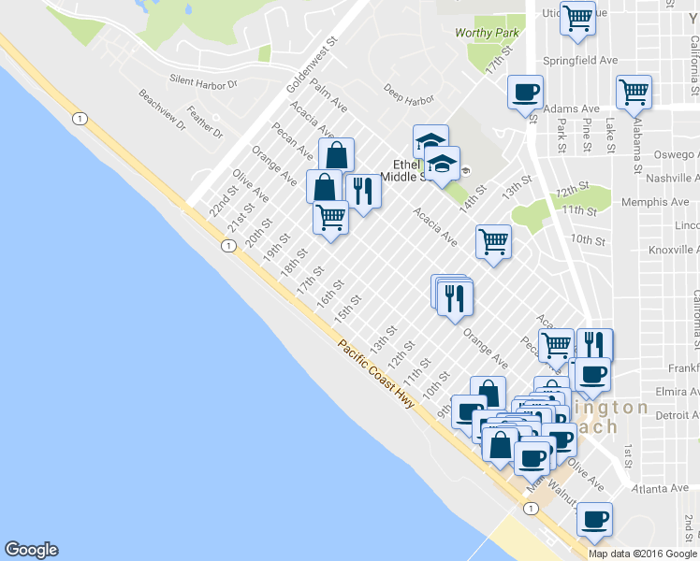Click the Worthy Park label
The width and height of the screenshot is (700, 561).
coord(487,33)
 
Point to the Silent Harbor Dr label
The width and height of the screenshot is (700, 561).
coord(203,82)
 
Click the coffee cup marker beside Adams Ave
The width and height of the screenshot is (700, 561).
coord(525,92)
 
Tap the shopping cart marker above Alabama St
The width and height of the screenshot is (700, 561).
coord(634,92)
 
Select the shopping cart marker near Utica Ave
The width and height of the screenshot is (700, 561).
coord(578,17)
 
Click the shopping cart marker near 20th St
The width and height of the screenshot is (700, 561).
coord(330,218)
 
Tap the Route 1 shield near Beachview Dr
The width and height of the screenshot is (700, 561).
coord(80,118)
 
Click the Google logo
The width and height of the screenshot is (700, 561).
coord(31,550)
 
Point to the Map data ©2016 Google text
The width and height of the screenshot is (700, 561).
coord(642,554)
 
